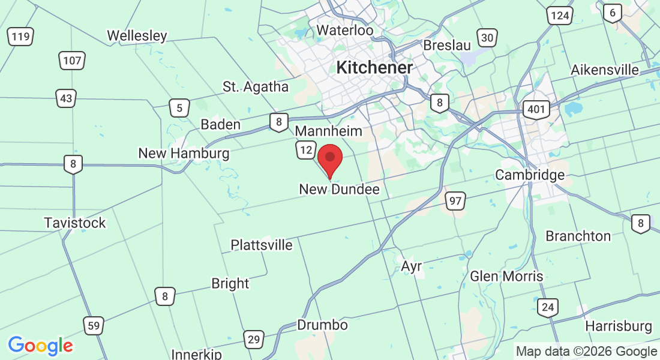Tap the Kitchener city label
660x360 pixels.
click(374, 68)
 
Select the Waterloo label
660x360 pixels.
click(344, 30)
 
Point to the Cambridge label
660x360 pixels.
click(530, 175)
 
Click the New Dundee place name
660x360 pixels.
click(339, 190)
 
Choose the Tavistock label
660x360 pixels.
click(75, 223)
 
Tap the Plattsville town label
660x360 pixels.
click(262, 245)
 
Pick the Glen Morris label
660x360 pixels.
click(507, 276)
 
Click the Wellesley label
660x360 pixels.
click(137, 36)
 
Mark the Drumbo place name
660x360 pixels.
click(322, 325)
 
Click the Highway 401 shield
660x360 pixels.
click(535, 109)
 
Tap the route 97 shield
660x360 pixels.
click(455, 201)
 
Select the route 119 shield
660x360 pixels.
click(20, 37)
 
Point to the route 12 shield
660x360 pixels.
click(306, 149)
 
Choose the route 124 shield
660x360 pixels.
click(560, 16)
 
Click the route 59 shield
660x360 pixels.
click(93, 326)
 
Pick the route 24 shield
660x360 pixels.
click(547, 308)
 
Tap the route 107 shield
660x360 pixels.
click(72, 60)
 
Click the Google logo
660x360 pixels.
click(40, 346)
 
